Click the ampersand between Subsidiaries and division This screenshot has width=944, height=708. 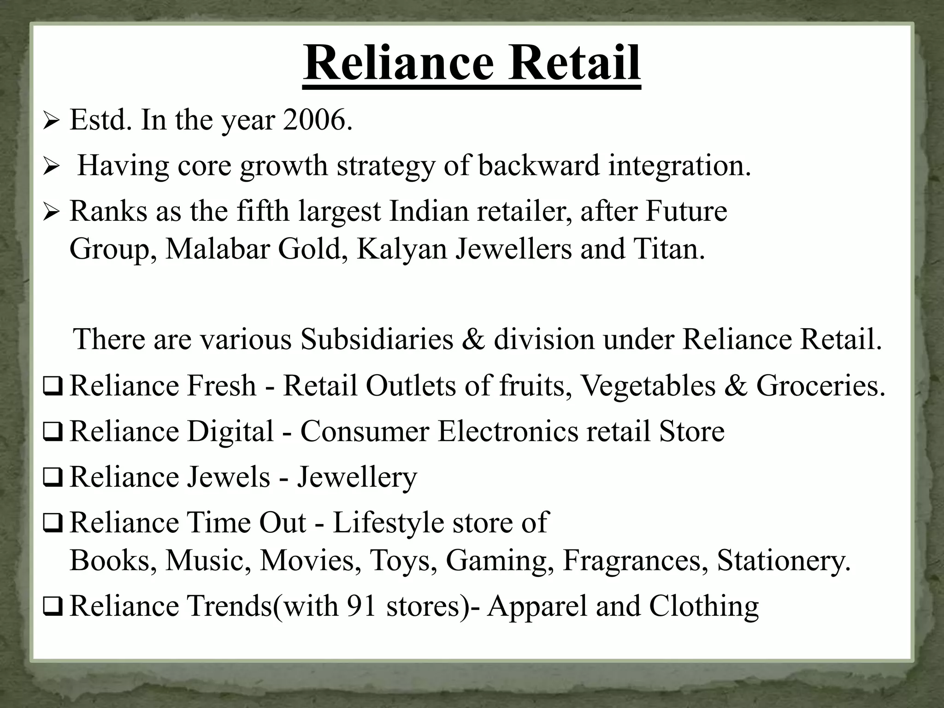(473, 339)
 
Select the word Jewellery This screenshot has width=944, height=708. (357, 477)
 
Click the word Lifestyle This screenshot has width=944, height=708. (388, 523)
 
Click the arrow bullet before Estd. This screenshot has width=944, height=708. (50, 122)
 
